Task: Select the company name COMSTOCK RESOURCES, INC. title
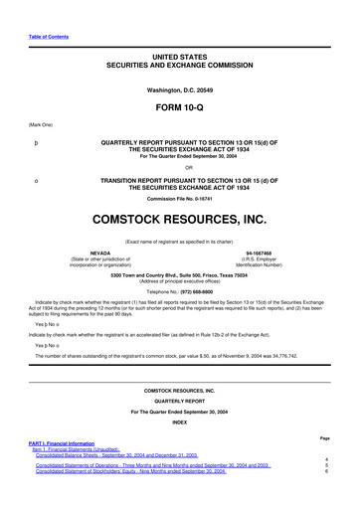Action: click(x=180, y=215)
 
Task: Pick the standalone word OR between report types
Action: click(x=180, y=166)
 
